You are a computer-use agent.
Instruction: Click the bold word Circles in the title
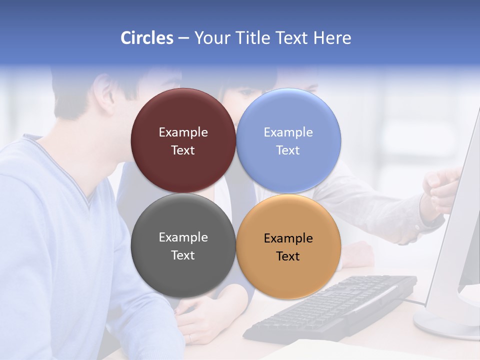147,38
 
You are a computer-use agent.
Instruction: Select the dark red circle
183,140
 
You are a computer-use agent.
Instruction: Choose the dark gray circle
183,245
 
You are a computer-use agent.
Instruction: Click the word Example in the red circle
183,132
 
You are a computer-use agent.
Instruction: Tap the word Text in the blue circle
288,150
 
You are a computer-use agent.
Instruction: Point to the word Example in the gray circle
183,237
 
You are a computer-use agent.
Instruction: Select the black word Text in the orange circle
288,256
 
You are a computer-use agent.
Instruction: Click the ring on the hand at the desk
190,338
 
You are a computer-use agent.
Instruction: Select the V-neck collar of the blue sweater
90,200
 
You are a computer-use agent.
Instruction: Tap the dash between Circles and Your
183,38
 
